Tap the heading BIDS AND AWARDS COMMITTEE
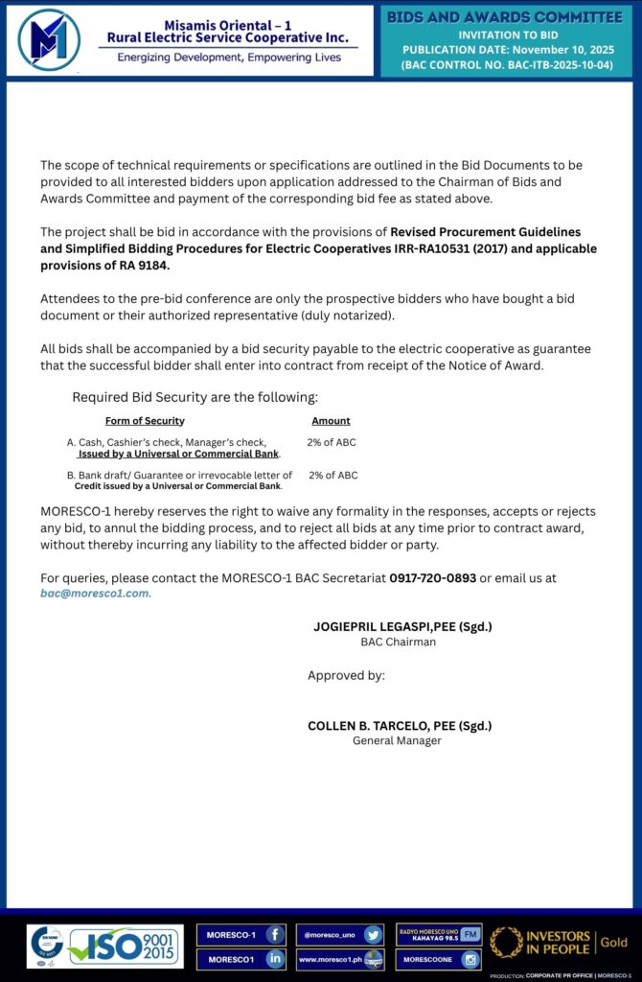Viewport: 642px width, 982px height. (504, 17)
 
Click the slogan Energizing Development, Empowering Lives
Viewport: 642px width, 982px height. (229, 58)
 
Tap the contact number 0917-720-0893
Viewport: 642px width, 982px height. (432, 577)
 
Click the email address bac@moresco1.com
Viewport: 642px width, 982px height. (95, 593)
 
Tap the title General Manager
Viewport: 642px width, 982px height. (397, 740)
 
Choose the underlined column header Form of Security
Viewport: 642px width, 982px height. (145, 421)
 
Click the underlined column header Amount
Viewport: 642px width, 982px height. (331, 421)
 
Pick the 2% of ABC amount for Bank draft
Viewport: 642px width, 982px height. (333, 475)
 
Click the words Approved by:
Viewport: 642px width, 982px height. (346, 675)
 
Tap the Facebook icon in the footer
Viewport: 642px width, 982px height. (274, 934)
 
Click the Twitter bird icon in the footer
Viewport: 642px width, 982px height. (373, 934)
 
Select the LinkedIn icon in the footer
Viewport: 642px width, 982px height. (274, 958)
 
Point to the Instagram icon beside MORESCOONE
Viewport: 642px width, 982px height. (470, 958)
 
